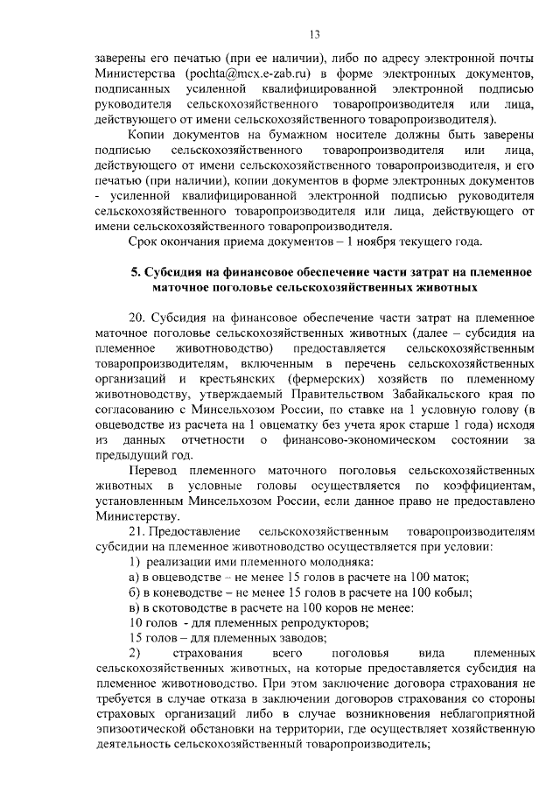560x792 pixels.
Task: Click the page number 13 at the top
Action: [314, 34]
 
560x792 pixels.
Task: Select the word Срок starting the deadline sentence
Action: [146, 241]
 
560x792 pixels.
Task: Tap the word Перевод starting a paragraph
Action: [152, 471]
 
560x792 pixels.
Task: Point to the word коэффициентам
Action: [492, 486]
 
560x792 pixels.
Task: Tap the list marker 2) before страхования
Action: [134, 653]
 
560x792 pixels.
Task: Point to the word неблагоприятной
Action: [478, 714]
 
